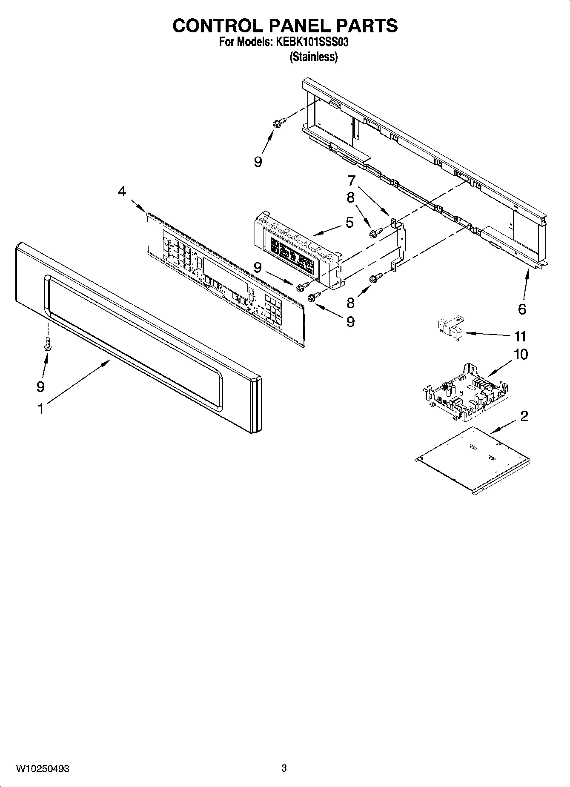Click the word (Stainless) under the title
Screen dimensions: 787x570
313,57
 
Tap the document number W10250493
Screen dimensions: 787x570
43,768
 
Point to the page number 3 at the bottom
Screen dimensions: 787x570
284,768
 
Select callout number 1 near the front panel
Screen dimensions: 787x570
40,409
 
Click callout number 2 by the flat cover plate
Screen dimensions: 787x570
524,416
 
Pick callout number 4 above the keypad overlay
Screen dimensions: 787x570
122,192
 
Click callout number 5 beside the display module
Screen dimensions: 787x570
349,222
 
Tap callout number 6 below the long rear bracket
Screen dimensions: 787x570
522,309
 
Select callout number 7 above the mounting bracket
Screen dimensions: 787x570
351,180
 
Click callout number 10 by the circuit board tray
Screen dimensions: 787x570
521,354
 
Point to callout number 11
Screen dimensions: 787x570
520,336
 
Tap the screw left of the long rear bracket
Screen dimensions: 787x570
278,122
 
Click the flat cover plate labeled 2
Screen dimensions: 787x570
473,460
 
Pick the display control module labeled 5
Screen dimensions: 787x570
298,251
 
